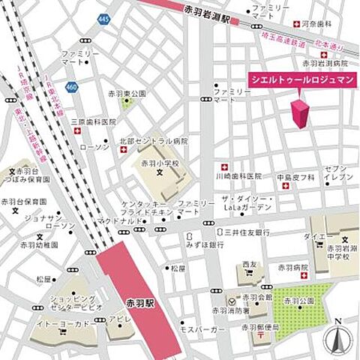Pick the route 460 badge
(71, 88)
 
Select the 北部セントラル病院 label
(154, 140)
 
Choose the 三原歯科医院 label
(94, 121)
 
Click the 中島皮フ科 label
(294, 178)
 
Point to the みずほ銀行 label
(206, 245)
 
